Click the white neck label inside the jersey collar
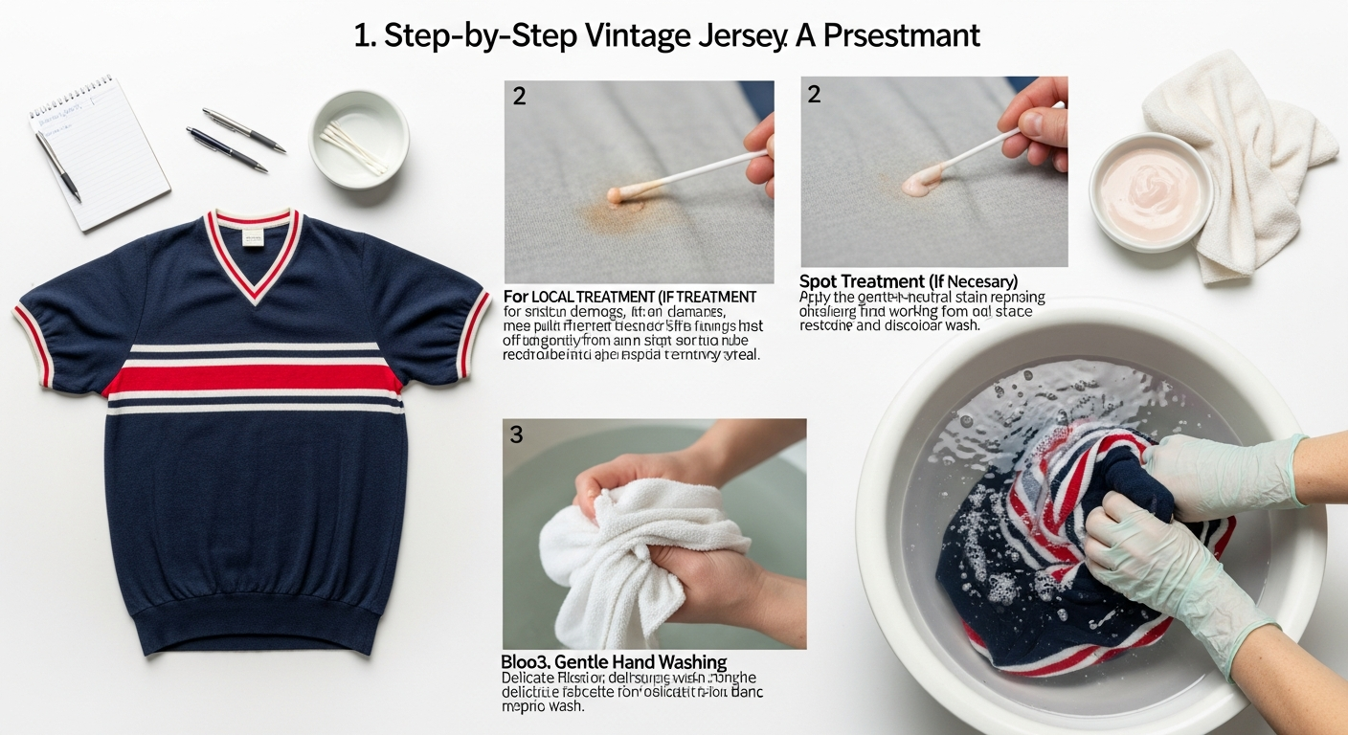tap(253, 234)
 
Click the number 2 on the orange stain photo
tap(519, 97)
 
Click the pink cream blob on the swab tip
tap(920, 180)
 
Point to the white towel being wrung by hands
tap(622, 555)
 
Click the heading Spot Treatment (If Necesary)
tap(908, 281)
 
